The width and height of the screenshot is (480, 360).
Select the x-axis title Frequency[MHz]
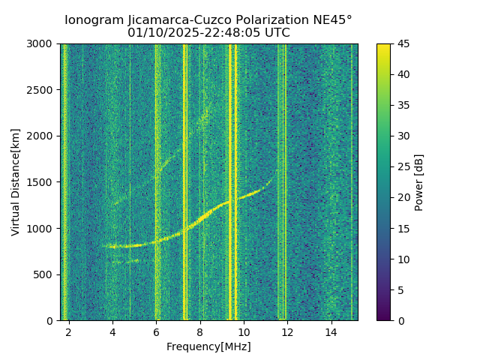[208, 346]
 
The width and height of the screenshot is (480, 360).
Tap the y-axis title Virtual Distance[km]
[16, 182]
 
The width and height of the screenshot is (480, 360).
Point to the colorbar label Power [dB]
[419, 182]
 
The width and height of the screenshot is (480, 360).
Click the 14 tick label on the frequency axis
[330, 331]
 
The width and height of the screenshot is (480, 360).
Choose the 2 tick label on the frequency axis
[69, 331]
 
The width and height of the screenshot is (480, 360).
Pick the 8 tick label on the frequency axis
[199, 331]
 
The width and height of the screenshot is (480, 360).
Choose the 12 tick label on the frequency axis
[286, 331]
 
